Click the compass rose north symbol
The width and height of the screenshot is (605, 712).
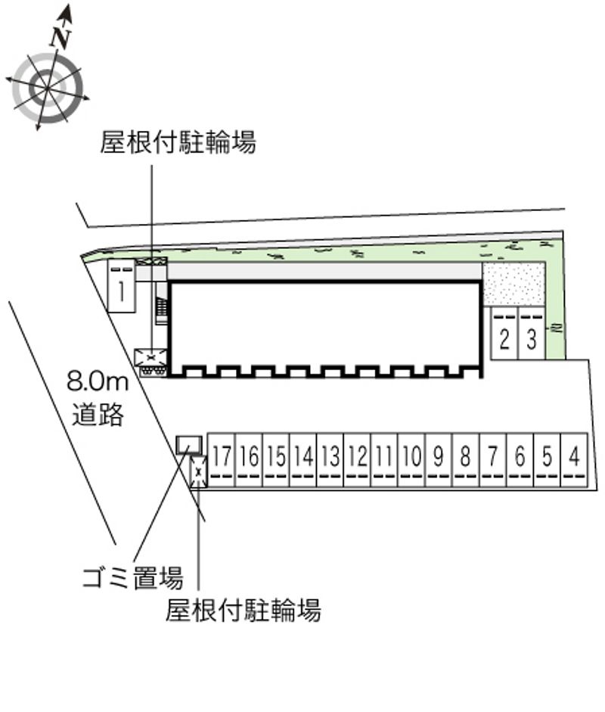(x=47, y=88)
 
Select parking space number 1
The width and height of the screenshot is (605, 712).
(x=121, y=287)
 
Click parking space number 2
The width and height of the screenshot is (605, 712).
(x=504, y=337)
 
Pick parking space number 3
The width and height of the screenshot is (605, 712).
(x=532, y=337)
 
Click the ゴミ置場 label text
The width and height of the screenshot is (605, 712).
(x=132, y=580)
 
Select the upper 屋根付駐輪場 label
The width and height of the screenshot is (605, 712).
(x=178, y=141)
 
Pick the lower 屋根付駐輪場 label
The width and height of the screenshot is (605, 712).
(x=244, y=609)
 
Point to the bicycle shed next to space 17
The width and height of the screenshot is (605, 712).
(x=198, y=473)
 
